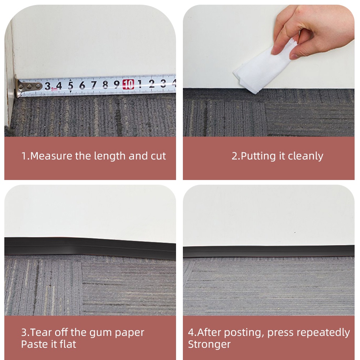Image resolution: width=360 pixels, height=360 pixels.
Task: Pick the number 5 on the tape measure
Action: (x=70, y=86)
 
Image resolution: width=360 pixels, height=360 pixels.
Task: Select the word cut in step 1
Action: (x=158, y=156)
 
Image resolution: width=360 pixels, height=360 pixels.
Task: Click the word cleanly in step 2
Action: (x=305, y=156)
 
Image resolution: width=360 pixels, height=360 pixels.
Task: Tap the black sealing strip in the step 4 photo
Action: (x=268, y=251)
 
